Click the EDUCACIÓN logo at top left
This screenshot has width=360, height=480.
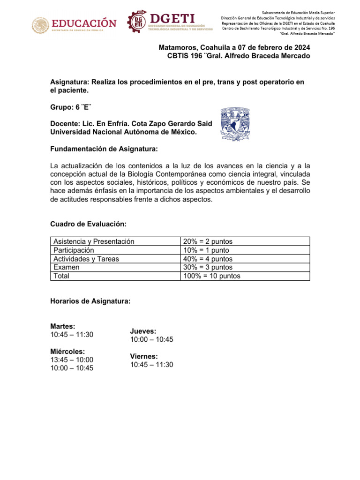coord(74,24)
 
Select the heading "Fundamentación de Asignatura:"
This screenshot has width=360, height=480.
coord(104,149)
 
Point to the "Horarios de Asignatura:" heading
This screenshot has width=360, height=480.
coord(90,301)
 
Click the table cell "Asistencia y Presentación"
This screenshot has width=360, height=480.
coord(94,241)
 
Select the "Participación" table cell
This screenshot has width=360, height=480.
coord(74,250)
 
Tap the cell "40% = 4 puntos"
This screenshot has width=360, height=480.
coord(209,259)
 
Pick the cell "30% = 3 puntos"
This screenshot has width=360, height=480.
coord(209,267)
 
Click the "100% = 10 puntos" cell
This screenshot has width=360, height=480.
coord(212,276)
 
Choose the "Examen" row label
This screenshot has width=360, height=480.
coord(67,267)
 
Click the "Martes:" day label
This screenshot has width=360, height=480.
coord(63,326)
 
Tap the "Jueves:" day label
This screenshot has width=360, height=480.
coord(143,331)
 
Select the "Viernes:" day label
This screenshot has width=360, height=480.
coord(144,356)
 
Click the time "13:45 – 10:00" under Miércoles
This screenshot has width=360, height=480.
coord(72,360)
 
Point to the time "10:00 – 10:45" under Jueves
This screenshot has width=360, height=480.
coord(151,339)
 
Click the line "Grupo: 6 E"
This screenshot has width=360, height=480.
coord(71,106)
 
